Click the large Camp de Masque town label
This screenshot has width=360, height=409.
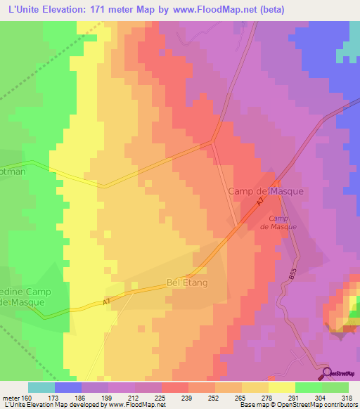265,191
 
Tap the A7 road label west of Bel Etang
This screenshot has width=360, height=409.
107,302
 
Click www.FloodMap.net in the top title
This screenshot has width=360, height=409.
223,9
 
